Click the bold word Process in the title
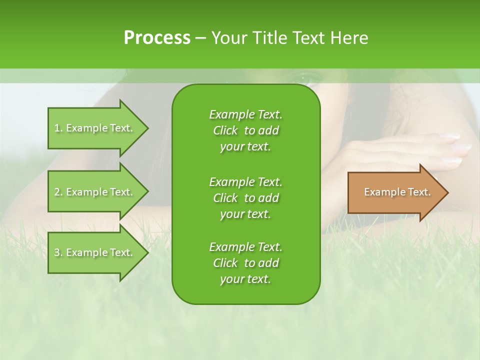(157, 38)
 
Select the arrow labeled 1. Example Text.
(95, 128)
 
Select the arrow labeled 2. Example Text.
(95, 192)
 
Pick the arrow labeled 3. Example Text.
(95, 252)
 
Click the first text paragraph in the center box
(245, 130)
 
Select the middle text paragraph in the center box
(245, 197)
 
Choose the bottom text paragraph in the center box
(245, 263)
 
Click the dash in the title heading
(200, 38)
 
